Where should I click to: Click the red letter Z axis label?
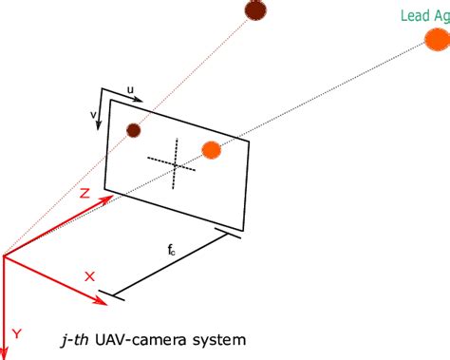point(84,193)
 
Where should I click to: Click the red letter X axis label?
point(90,276)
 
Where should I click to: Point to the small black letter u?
point(130,91)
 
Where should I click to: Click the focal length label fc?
point(171,251)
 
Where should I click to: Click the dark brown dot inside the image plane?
point(134,130)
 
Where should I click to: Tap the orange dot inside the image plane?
point(212,149)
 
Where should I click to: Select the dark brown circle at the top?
point(254,10)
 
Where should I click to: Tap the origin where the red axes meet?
point(5,256)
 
